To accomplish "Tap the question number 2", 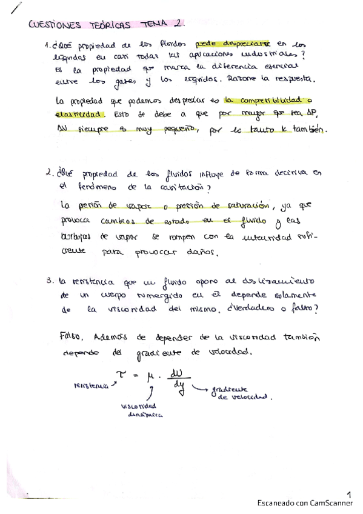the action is tap(48, 173).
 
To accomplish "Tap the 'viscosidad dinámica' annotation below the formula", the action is tap(139, 410).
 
